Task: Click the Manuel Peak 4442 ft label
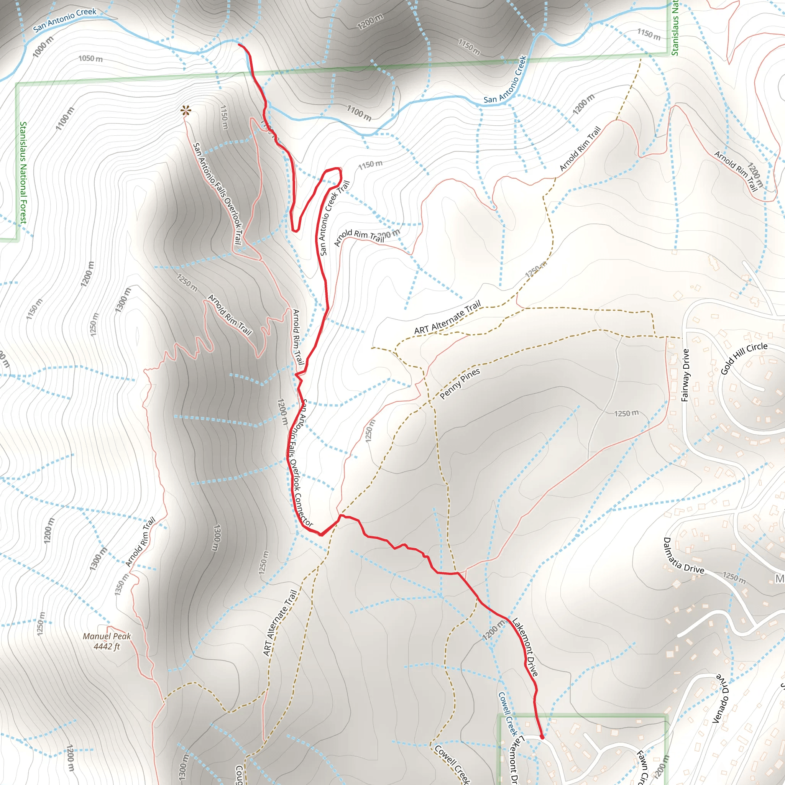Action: click(x=107, y=641)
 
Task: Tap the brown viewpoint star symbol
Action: click(x=186, y=110)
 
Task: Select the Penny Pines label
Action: click(x=460, y=384)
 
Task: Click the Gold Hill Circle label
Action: click(x=744, y=358)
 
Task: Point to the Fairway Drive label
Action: click(x=685, y=375)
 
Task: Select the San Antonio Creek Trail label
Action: click(x=334, y=218)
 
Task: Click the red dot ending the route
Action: click(x=542, y=737)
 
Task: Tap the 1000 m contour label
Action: click(x=43, y=46)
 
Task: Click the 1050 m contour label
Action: click(x=90, y=59)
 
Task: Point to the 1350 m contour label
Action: click(x=122, y=584)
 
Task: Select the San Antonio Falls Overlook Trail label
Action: click(x=217, y=194)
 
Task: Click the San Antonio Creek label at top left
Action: click(x=65, y=20)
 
